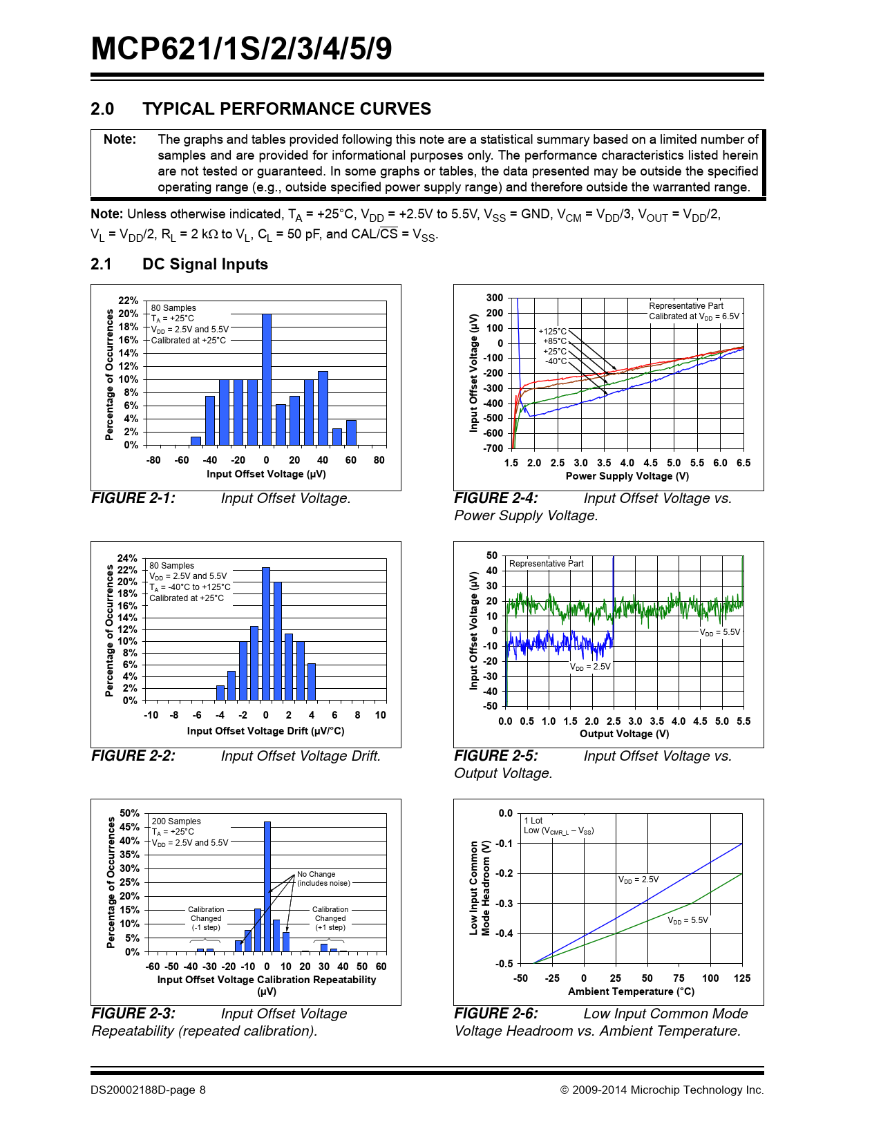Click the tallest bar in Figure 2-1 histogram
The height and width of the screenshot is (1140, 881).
[x=267, y=380]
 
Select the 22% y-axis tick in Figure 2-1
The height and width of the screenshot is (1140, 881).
[x=128, y=301]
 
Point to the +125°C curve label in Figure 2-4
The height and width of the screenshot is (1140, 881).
[x=552, y=332]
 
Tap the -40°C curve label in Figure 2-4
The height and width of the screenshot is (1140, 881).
[x=556, y=361]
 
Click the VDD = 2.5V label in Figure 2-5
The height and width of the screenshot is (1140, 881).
[x=590, y=667]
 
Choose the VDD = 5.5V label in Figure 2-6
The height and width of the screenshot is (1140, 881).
[x=688, y=920]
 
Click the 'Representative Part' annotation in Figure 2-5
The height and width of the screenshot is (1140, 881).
[x=546, y=564]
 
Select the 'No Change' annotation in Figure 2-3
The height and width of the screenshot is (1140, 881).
[x=316, y=874]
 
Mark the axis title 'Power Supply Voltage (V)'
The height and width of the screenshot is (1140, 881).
[x=627, y=476]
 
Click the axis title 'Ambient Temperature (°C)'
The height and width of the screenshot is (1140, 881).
[x=631, y=991]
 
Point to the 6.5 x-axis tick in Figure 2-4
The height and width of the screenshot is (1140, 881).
[x=743, y=463]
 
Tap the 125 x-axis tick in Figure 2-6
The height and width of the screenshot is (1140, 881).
[x=742, y=978]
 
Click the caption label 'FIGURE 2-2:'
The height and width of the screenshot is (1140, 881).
[x=133, y=756]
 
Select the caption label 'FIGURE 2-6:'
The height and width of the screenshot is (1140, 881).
[x=496, y=1014]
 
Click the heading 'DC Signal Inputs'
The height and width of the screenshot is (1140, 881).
[x=205, y=265]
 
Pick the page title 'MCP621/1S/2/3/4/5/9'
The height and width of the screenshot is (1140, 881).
[x=241, y=48]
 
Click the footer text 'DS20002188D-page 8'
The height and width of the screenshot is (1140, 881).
[x=148, y=1090]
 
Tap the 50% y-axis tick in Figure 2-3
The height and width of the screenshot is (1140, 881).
[x=129, y=813]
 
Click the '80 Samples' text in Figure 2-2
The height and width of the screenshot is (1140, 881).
[x=171, y=565]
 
